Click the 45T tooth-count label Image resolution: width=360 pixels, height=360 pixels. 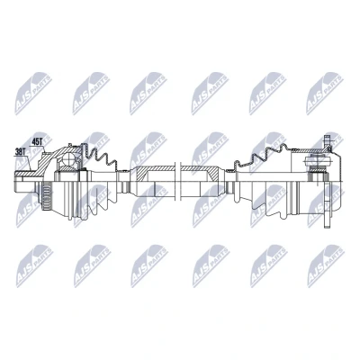[37, 142]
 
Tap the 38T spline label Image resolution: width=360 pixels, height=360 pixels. [20, 152]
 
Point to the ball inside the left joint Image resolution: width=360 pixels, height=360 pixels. [68, 158]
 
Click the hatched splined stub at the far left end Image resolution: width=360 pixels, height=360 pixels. [24, 174]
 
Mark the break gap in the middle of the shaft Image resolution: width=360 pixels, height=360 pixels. [178, 181]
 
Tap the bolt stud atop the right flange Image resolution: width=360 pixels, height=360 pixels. [328, 141]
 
